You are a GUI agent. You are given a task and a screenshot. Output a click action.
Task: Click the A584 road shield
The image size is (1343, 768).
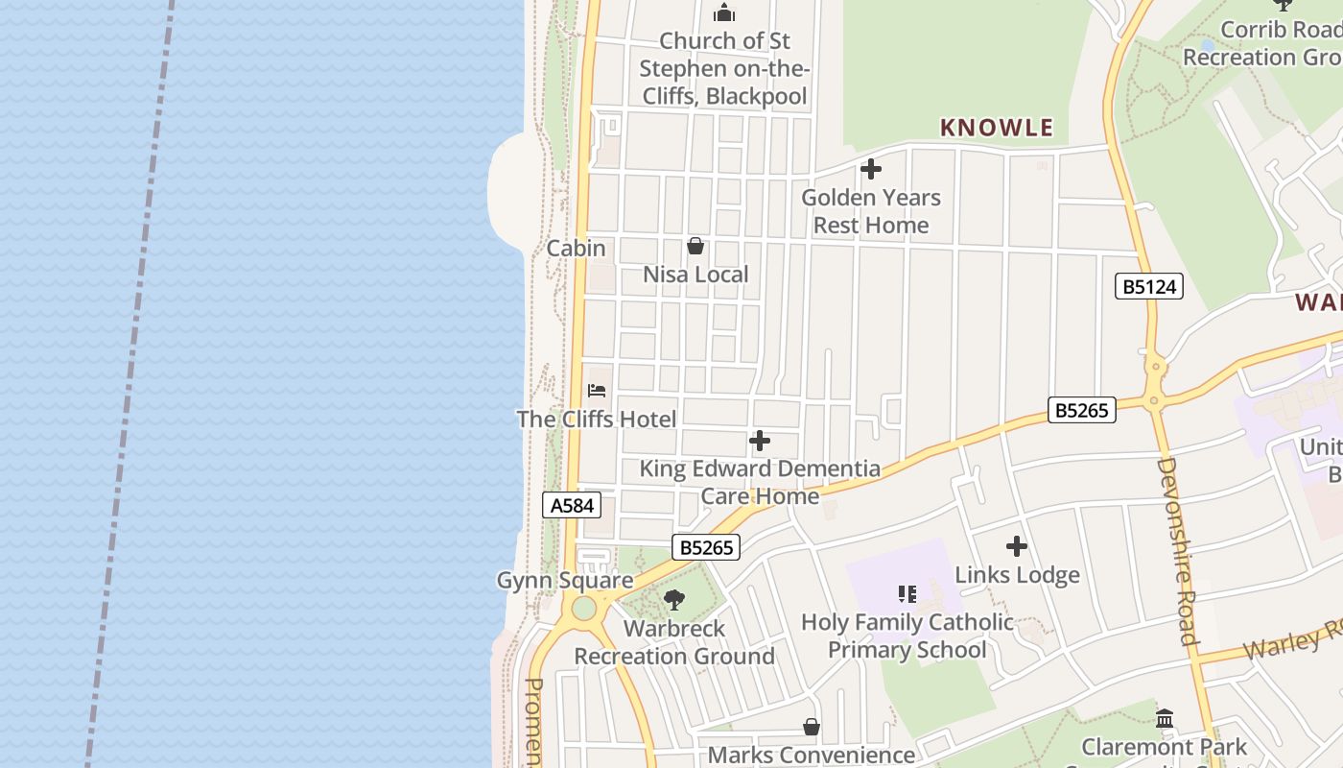(x=572, y=505)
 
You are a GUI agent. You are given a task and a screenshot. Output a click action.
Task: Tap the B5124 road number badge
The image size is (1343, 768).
(x=1149, y=286)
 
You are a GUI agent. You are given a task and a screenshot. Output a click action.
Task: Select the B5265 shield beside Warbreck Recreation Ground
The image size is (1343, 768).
(x=707, y=548)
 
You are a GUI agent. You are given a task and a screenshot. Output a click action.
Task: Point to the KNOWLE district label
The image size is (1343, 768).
(x=997, y=128)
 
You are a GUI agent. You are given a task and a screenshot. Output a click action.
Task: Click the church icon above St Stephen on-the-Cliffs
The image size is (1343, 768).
(x=724, y=13)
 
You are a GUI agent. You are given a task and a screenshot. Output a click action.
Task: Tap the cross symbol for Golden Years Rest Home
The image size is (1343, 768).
(x=871, y=170)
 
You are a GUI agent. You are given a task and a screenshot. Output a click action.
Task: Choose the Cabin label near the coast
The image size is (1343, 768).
(x=576, y=249)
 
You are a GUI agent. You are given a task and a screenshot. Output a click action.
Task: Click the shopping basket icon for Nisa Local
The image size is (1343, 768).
(x=695, y=247)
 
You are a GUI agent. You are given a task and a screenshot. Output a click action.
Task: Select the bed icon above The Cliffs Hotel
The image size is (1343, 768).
(x=597, y=391)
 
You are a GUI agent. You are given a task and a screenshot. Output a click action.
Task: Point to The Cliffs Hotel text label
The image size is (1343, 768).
(x=597, y=420)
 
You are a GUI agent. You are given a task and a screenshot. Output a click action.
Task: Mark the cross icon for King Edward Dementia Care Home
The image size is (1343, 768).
(x=760, y=442)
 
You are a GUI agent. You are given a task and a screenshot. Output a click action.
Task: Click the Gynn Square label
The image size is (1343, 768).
(x=564, y=581)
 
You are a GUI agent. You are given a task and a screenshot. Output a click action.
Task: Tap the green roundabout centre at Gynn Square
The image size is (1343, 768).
(x=584, y=609)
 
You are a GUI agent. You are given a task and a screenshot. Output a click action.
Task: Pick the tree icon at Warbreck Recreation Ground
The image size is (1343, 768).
(x=674, y=601)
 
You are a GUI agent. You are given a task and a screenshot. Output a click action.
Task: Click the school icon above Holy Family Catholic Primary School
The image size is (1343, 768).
(x=907, y=594)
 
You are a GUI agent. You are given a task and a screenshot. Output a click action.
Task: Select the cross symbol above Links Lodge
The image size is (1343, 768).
(x=1017, y=547)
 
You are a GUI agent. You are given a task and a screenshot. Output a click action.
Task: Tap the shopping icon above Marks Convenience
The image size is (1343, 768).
(x=812, y=728)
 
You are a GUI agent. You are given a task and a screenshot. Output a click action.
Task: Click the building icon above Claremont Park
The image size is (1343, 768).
(x=1165, y=719)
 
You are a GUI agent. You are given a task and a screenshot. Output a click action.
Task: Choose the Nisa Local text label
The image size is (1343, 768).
(x=695, y=275)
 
